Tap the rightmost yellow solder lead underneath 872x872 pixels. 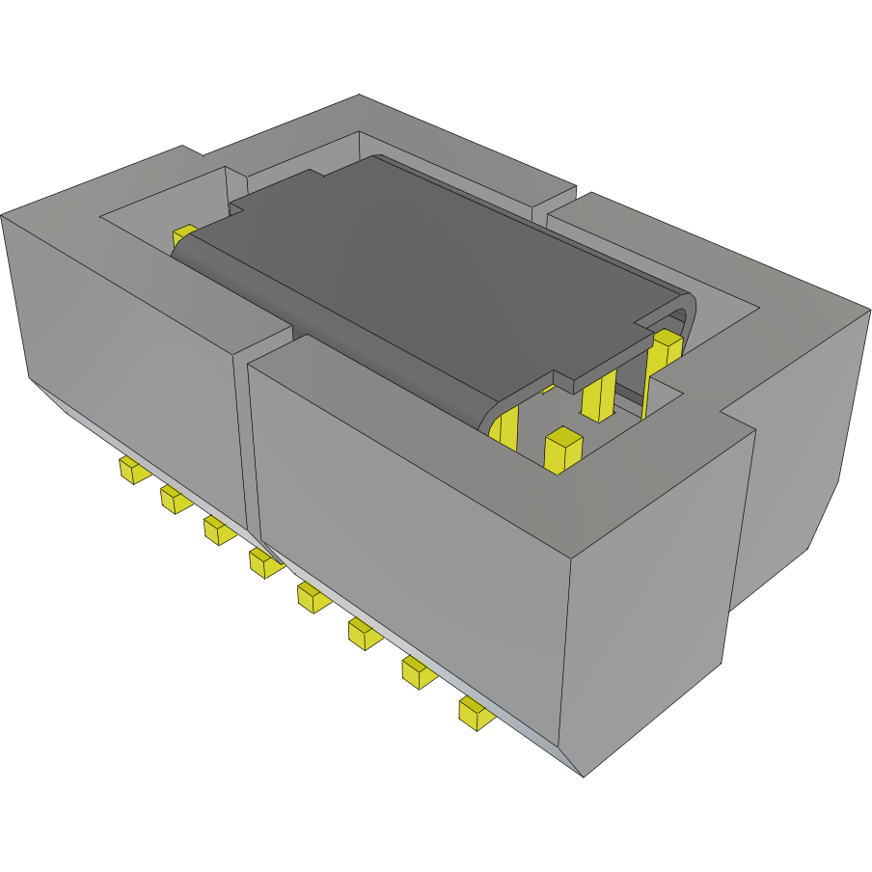(474, 713)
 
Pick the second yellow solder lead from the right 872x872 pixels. (418, 671)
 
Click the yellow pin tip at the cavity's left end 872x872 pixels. (183, 235)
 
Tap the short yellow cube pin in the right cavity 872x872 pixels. (562, 450)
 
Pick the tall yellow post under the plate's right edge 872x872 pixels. (599, 395)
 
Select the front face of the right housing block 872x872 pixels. (405, 511)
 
